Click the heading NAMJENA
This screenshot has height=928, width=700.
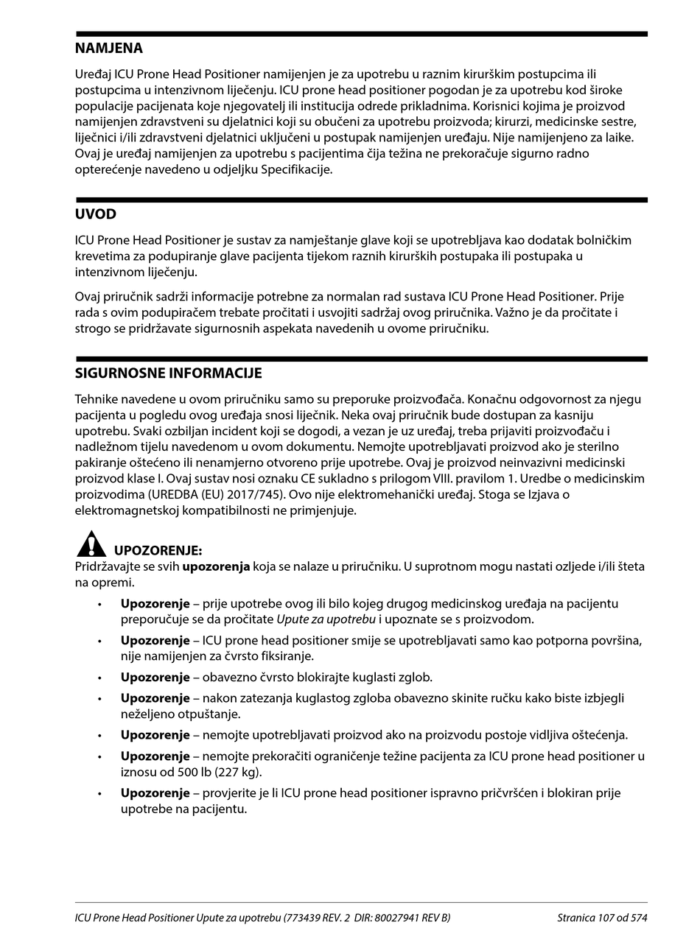click(109, 49)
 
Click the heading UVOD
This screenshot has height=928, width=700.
click(96, 214)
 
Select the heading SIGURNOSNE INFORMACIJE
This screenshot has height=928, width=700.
click(169, 373)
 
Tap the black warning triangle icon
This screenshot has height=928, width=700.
click(91, 544)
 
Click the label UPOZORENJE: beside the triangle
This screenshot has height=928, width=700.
click(158, 551)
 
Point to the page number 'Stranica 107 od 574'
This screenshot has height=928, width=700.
click(602, 918)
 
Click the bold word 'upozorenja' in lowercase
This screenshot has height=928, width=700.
click(216, 567)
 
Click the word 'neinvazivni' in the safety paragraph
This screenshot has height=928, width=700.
click(518, 463)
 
